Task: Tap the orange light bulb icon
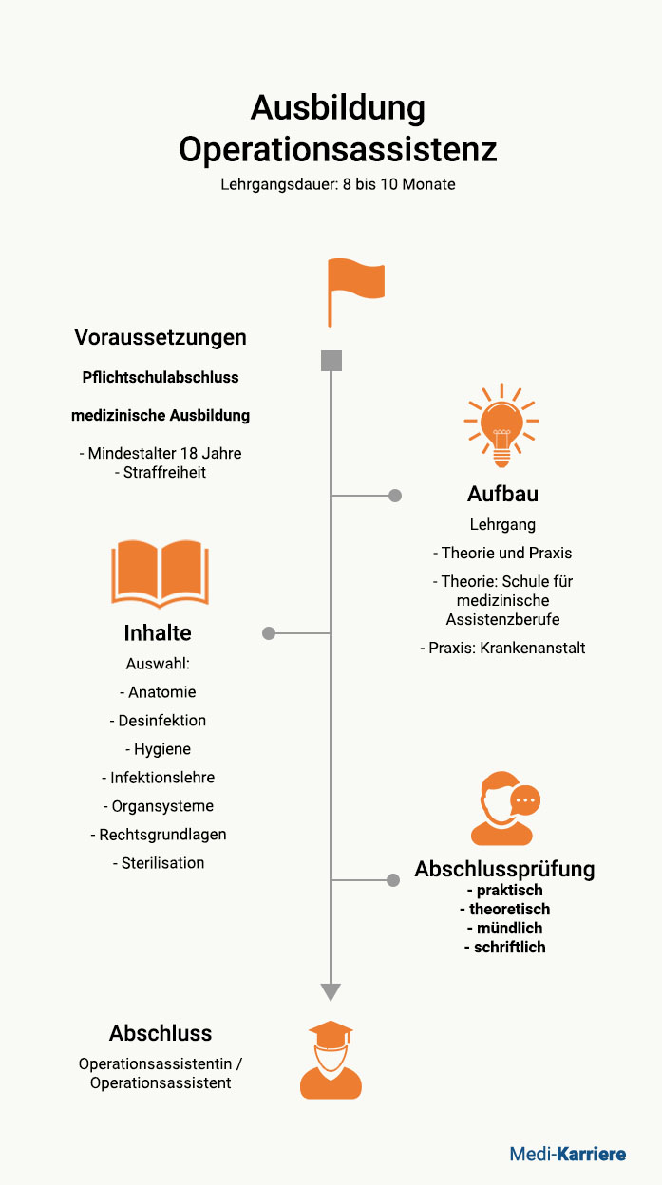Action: pos(501,424)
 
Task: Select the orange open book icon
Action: pos(160,573)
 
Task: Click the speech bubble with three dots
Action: pos(525,800)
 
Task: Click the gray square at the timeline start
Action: pos(331,361)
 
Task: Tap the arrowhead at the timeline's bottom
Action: pos(331,992)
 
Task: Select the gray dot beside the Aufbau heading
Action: pos(395,496)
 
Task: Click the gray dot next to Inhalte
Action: pos(269,633)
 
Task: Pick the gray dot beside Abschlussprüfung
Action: pos(392,880)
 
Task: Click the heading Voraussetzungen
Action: pos(161,337)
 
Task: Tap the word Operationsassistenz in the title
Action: pos(337,150)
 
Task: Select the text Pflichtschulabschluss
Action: pos(161,377)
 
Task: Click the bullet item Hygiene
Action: pos(159,749)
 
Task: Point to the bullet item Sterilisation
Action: pos(159,863)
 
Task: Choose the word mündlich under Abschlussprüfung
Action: pos(505,928)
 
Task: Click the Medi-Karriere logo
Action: pos(568,1154)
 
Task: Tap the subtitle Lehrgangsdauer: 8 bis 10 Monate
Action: pos(337,184)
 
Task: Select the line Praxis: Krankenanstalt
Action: pos(502,648)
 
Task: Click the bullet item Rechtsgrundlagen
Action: pos(159,835)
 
